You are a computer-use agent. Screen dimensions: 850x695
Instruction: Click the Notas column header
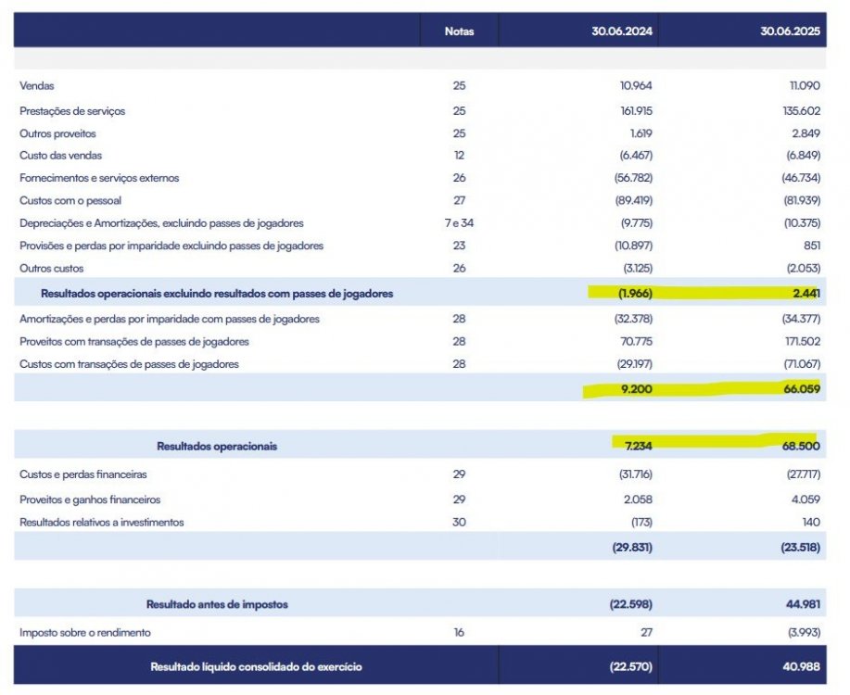click(x=459, y=32)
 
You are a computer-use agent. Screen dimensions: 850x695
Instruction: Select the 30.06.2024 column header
click(x=622, y=32)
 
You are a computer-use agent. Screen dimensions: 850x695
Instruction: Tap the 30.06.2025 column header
click(x=790, y=32)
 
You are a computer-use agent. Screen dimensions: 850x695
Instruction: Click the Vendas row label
click(x=37, y=85)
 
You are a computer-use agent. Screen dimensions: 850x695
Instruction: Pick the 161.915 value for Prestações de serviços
click(x=637, y=111)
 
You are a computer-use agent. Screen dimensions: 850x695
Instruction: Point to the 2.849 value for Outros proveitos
click(x=806, y=133)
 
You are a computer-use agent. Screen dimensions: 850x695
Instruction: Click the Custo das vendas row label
click(x=61, y=156)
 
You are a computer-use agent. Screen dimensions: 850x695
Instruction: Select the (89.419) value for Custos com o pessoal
click(x=634, y=200)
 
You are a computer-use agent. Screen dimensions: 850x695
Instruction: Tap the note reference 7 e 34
click(x=459, y=223)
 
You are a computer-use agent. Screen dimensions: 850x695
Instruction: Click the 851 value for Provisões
click(x=812, y=246)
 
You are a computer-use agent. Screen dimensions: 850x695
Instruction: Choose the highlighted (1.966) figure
click(x=635, y=293)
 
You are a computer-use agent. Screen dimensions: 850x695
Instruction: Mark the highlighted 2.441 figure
click(x=806, y=293)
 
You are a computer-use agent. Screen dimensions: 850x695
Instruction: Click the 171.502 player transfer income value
click(x=802, y=342)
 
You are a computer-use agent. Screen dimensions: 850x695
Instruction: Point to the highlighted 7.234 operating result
click(x=638, y=446)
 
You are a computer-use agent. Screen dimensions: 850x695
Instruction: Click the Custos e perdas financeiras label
click(x=82, y=474)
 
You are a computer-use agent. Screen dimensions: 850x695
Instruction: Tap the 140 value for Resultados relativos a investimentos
click(x=811, y=522)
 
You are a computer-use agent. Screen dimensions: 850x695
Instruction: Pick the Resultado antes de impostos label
click(x=217, y=604)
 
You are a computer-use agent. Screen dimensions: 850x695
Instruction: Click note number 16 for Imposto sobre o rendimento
click(x=459, y=633)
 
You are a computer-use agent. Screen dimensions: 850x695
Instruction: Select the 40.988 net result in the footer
click(x=801, y=667)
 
